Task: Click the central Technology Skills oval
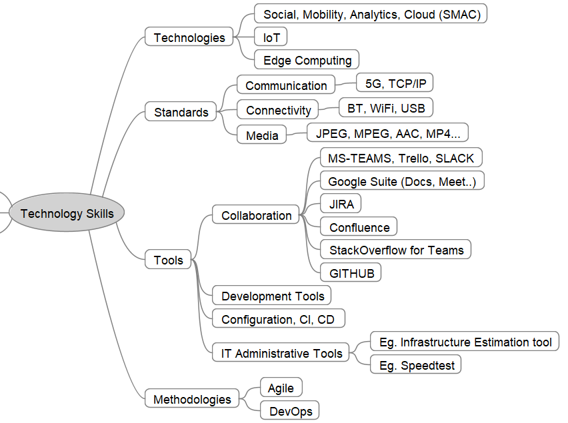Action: [67, 214]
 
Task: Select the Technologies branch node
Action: [189, 37]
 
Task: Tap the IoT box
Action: [271, 37]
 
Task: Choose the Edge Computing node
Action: [307, 60]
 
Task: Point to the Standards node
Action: [181, 112]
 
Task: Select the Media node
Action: [262, 135]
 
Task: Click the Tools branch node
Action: [168, 260]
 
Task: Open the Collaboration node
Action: [256, 215]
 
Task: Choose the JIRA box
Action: [341, 204]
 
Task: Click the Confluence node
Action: [359, 227]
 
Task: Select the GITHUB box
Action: [351, 272]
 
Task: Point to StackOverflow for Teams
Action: [396, 250]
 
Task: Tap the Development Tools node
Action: [272, 296]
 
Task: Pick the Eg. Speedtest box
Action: [416, 366]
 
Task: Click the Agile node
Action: [281, 388]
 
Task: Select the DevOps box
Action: [291, 411]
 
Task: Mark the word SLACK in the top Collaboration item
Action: [455, 158]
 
